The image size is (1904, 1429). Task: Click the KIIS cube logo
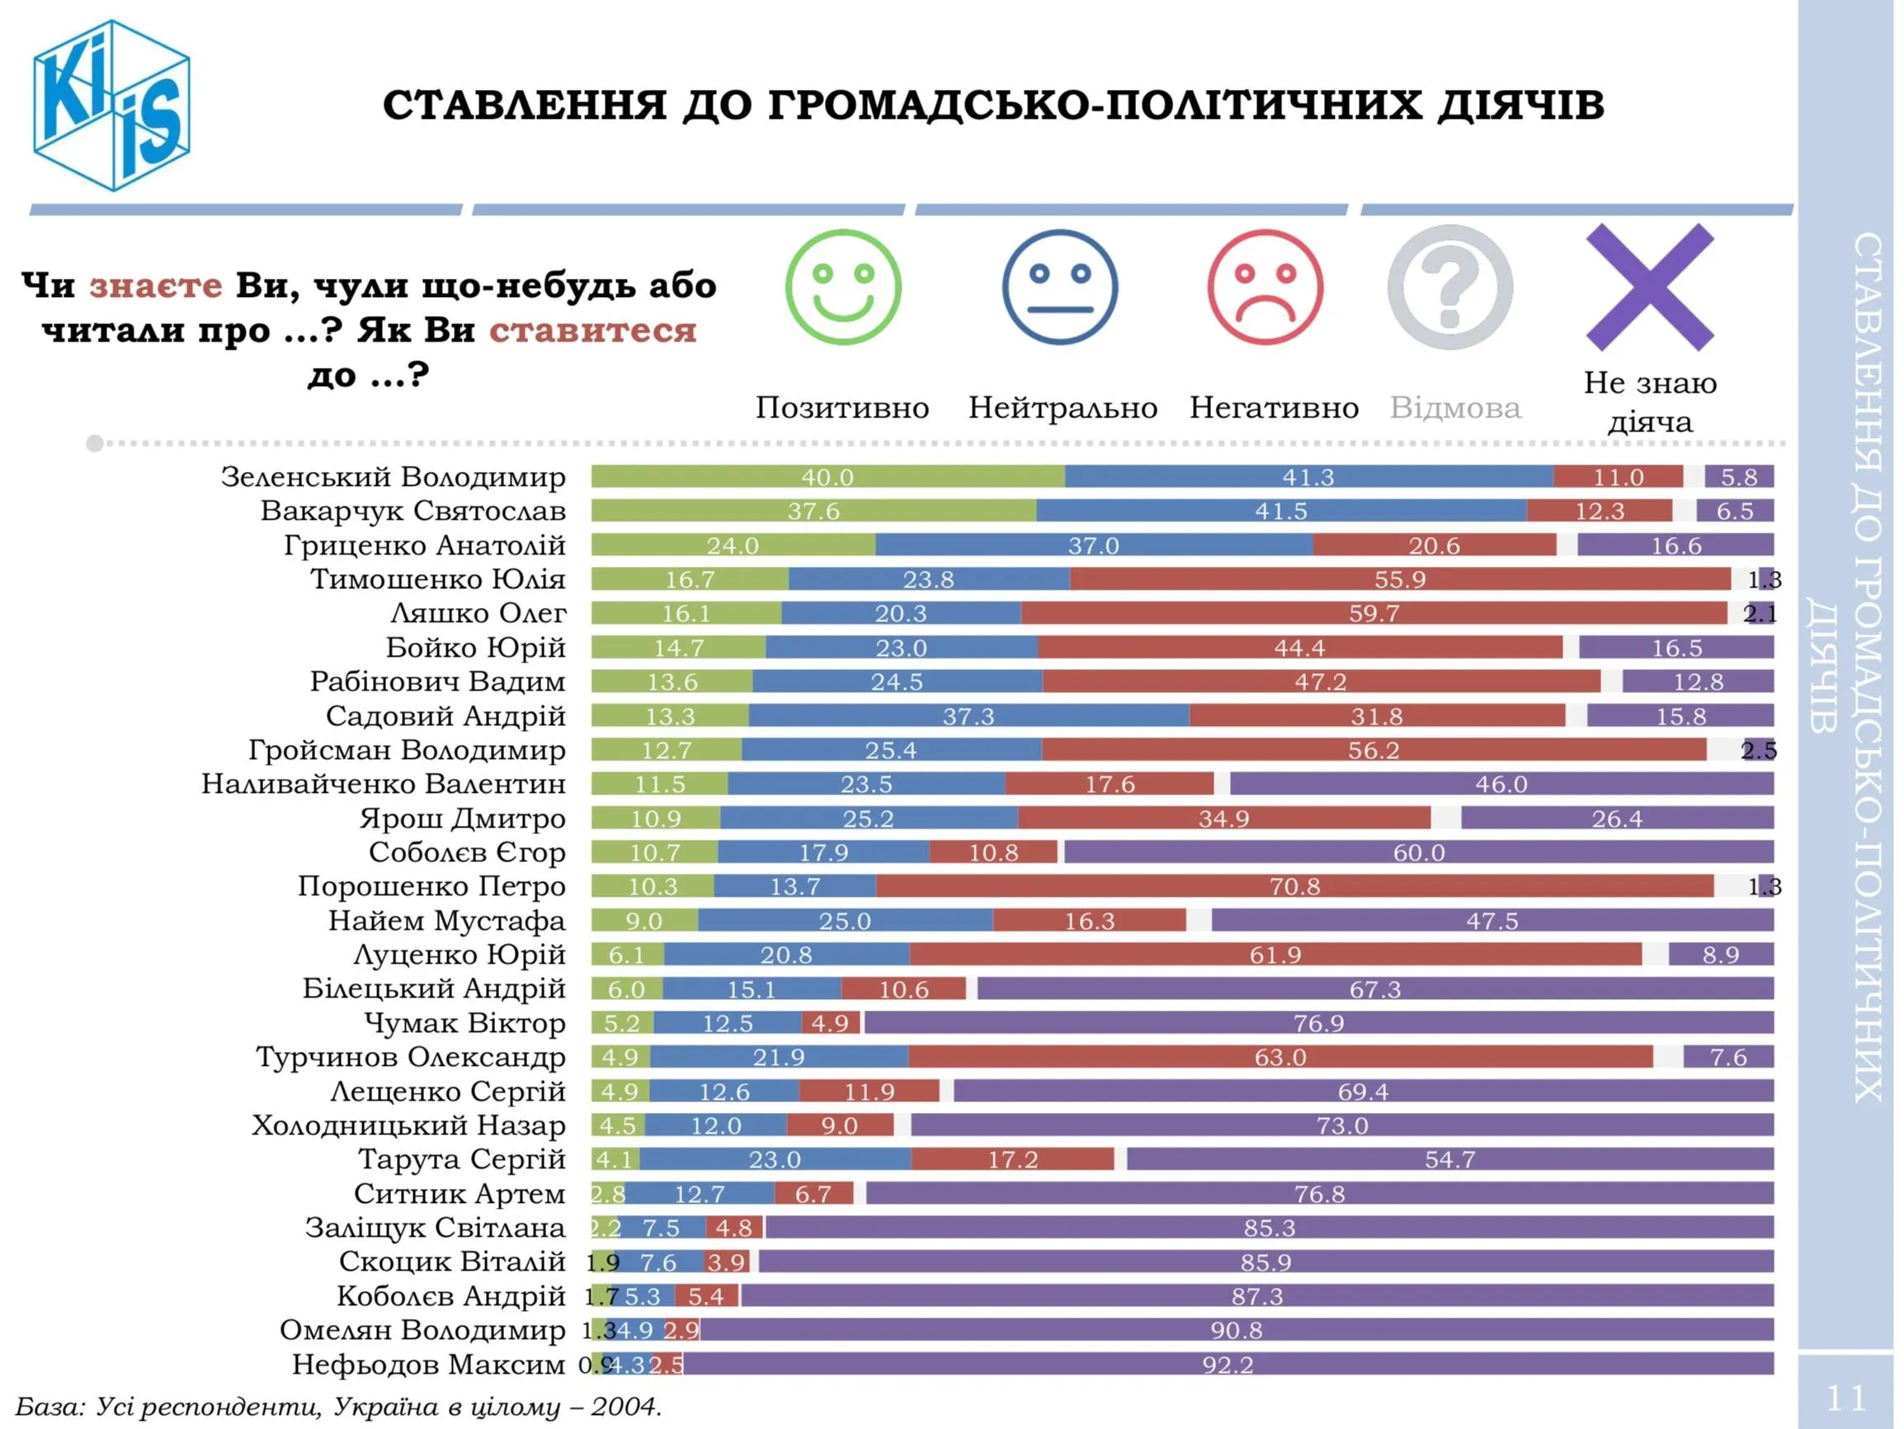click(x=111, y=105)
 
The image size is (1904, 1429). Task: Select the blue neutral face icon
click(x=1059, y=286)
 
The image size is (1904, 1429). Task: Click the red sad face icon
click(x=1265, y=286)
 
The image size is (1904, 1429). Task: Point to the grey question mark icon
click(x=1449, y=286)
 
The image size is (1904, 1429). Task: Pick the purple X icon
click(x=1649, y=286)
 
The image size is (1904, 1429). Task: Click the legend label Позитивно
click(x=841, y=408)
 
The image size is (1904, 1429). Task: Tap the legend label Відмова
click(x=1454, y=408)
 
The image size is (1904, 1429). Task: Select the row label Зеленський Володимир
click(x=394, y=476)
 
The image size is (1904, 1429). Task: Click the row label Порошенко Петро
click(x=431, y=886)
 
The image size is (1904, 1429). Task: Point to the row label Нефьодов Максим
click(x=428, y=1364)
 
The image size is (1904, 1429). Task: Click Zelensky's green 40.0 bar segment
click(x=827, y=476)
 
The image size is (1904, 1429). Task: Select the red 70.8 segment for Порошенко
click(x=1294, y=886)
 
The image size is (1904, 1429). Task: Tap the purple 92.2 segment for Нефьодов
click(x=1228, y=1364)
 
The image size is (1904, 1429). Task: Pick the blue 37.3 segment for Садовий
click(x=968, y=715)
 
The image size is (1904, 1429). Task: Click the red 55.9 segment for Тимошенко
click(x=1400, y=578)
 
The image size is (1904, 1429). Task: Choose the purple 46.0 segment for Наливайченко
click(x=1501, y=783)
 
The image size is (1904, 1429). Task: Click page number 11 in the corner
click(x=1845, y=1398)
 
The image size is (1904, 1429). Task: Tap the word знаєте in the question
click(x=156, y=285)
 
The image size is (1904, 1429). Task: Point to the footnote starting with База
click(x=338, y=1407)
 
